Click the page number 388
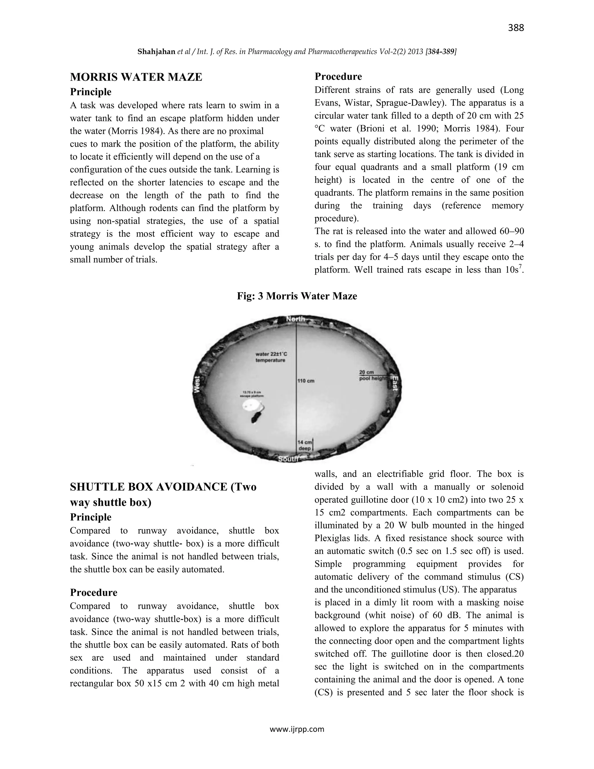(x=515, y=28)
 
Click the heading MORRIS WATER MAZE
(x=136, y=77)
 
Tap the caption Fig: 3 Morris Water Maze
(x=297, y=296)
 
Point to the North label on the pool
(x=295, y=319)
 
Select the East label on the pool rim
(x=395, y=383)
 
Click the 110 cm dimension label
(x=306, y=381)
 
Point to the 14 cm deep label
(x=305, y=445)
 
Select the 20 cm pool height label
(x=372, y=375)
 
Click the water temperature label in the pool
(x=271, y=357)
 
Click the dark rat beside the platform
(x=256, y=418)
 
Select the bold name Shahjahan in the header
(x=156, y=52)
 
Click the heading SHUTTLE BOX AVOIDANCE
(x=163, y=487)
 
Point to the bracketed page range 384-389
(x=441, y=52)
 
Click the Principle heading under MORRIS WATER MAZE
(x=90, y=92)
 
